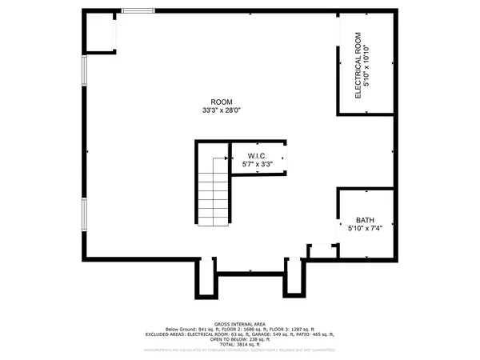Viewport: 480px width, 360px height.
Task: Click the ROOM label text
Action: (222, 102)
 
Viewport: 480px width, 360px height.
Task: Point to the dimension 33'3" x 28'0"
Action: (222, 110)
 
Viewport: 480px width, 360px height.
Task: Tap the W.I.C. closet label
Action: (257, 156)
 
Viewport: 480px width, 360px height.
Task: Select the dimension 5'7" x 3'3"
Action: (257, 165)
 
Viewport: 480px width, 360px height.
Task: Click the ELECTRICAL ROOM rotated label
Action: (359, 64)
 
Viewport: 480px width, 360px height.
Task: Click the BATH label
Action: (365, 219)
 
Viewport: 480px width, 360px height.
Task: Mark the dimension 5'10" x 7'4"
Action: (365, 228)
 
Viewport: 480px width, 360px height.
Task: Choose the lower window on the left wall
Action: (83, 214)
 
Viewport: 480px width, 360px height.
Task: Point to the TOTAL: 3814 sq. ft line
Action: (239, 343)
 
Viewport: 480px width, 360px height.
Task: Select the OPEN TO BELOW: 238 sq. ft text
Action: (239, 338)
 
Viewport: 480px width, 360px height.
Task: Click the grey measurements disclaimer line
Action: (239, 350)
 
